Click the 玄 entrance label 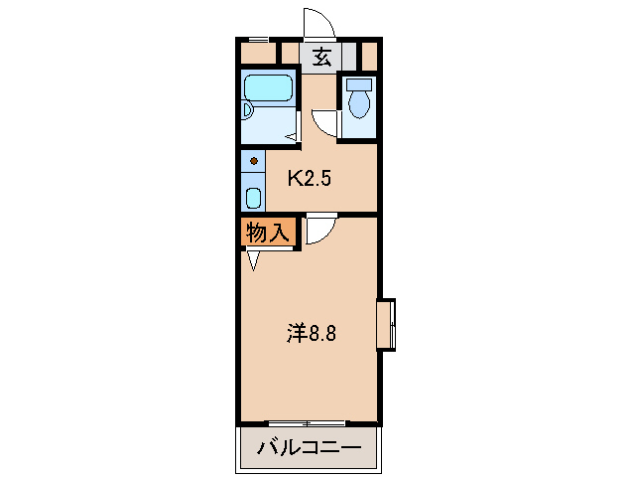tap(322, 56)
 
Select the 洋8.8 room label tap(313, 334)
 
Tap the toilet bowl tap(358, 103)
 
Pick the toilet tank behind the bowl tap(358, 83)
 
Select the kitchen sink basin tap(254, 196)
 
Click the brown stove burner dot tap(254, 160)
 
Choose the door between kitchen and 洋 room tap(319, 230)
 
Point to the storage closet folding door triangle tap(254, 260)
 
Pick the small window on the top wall tap(257, 40)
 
